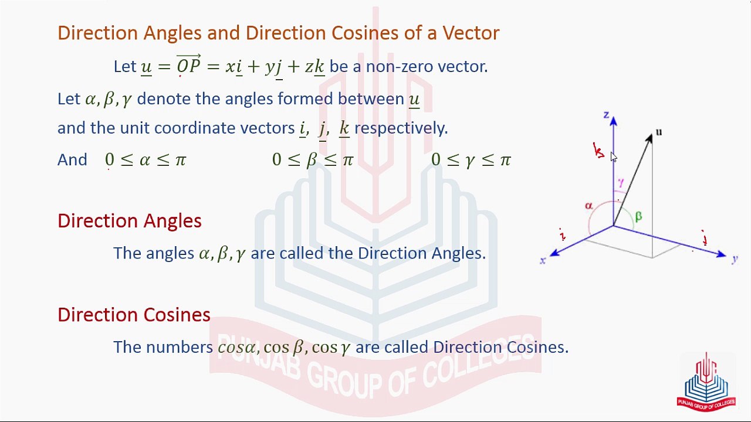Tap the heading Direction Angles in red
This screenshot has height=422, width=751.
[129, 221]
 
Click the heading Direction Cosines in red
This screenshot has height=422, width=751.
[134, 315]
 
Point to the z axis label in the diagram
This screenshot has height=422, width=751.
[606, 115]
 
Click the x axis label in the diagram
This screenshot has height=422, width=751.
[543, 261]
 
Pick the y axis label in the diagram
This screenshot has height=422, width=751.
[735, 259]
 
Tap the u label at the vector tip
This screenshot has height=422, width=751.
[659, 132]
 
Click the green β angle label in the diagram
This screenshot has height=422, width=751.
[638, 217]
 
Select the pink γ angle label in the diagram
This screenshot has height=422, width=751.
[621, 183]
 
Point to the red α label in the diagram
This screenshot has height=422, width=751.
[588, 206]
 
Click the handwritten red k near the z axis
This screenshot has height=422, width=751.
[598, 151]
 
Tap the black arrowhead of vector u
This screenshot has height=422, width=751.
[649, 139]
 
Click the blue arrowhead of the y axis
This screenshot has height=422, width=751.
[721, 254]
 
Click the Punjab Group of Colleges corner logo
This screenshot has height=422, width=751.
[706, 382]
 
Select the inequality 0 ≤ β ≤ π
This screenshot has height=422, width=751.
[313, 160]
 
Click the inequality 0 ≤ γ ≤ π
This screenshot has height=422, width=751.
[471, 160]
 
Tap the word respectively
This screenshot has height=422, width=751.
[401, 128]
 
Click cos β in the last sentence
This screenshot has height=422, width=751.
[283, 347]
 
